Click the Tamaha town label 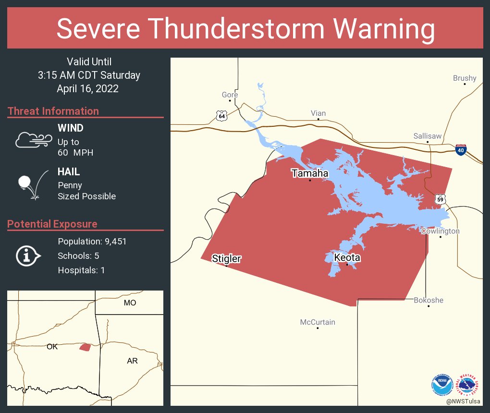pyautogui.click(x=310, y=173)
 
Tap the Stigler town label pyautogui.click(x=226, y=259)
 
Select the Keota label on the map pyautogui.click(x=347, y=258)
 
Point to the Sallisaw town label pyautogui.click(x=427, y=136)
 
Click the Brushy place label pyautogui.click(x=465, y=78)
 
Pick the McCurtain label pyautogui.click(x=318, y=322)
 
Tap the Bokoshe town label pyautogui.click(x=429, y=300)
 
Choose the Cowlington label pyautogui.click(x=440, y=231)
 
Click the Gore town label pyautogui.click(x=230, y=95)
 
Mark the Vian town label pyautogui.click(x=318, y=113)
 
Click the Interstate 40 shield pyautogui.click(x=461, y=150)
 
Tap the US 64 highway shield pyautogui.click(x=221, y=116)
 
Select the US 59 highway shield pyautogui.click(x=441, y=198)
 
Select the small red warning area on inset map pyautogui.click(x=85, y=347)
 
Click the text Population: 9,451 pyautogui.click(x=92, y=242)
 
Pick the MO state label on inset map pyautogui.click(x=130, y=303)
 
